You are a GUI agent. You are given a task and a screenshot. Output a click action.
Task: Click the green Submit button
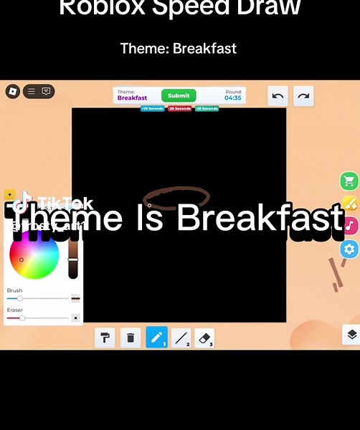tap(179, 95)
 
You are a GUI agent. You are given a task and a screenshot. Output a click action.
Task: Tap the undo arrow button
tap(278, 96)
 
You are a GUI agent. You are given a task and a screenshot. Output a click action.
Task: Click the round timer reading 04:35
tap(233, 97)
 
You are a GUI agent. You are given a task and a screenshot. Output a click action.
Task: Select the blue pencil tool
tap(156, 337)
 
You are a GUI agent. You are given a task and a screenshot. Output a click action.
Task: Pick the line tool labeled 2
tap(181, 338)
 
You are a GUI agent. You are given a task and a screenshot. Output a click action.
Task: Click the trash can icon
tap(130, 338)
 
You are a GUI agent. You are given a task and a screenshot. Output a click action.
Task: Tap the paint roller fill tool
tap(105, 338)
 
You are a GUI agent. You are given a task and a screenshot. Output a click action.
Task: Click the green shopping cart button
tap(349, 181)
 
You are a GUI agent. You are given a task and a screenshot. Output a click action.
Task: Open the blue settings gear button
tap(349, 249)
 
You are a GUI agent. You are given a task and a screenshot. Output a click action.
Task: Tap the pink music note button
tap(349, 226)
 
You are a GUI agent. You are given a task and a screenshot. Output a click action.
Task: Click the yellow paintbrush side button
tap(349, 203)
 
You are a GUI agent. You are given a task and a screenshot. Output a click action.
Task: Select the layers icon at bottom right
tap(351, 335)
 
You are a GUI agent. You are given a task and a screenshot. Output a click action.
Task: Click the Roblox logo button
tap(12, 92)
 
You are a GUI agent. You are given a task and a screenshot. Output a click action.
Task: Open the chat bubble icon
tap(46, 92)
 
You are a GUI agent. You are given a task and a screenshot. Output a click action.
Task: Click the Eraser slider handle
tap(22, 317)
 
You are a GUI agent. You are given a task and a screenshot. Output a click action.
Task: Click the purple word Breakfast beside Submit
tap(132, 98)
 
